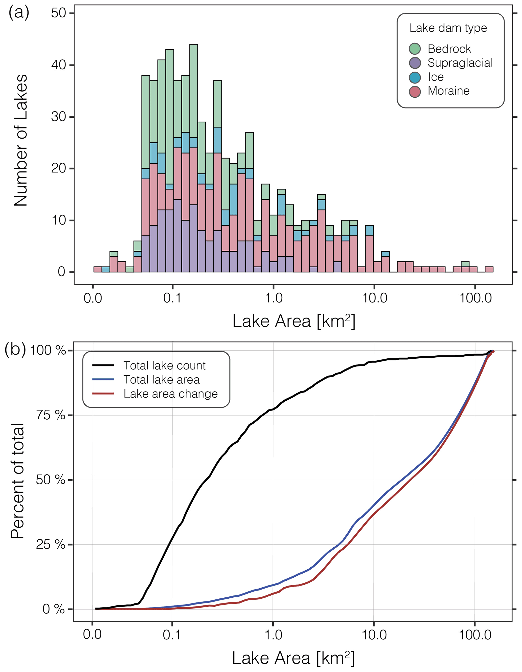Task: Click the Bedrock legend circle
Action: (414, 49)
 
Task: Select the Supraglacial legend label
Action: (460, 63)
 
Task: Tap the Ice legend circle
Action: (414, 77)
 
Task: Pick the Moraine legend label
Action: (448, 91)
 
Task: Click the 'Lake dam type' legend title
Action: (448, 28)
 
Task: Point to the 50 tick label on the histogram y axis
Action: (58, 13)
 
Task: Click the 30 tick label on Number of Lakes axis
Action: (58, 117)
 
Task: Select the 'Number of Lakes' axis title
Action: (21, 140)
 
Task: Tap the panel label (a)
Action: (19, 13)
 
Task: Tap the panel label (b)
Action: (15, 350)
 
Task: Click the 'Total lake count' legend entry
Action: (164, 365)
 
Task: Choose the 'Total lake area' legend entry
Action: (161, 380)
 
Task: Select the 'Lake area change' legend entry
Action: (170, 394)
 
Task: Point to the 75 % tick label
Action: (51, 415)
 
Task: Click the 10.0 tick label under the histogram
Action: (375, 298)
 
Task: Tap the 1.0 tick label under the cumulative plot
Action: (273, 635)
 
